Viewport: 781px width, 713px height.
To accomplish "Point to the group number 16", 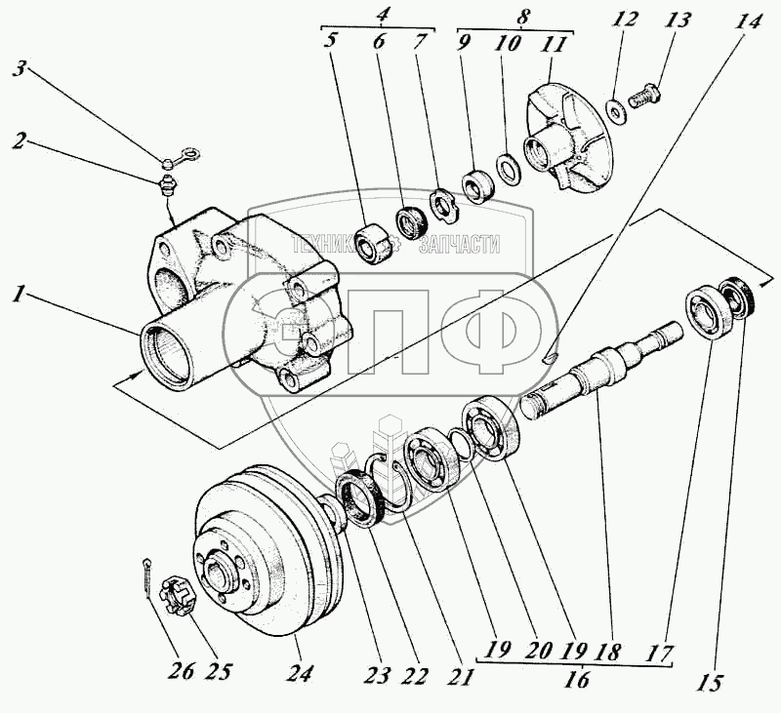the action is point(578,681).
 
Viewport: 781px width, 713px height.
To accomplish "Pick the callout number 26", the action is point(182,672).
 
